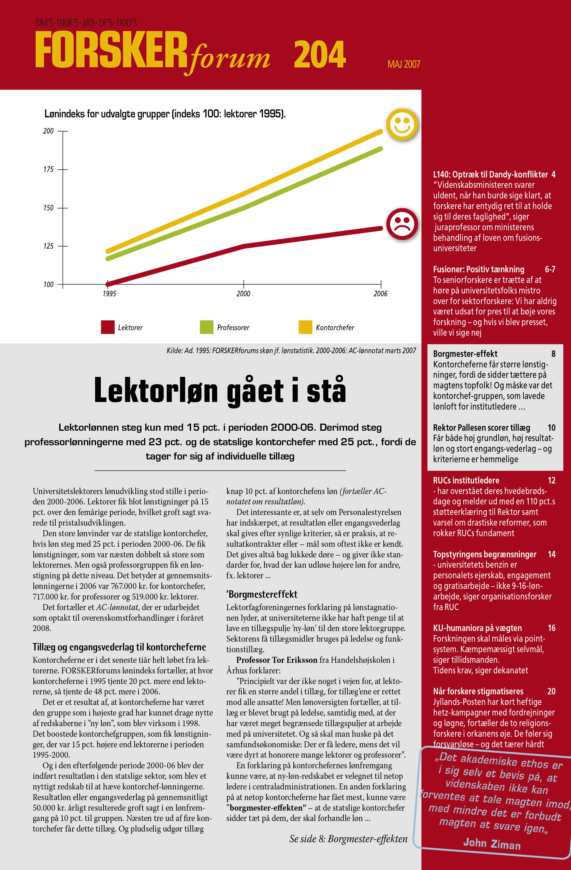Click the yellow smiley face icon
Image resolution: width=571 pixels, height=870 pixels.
coord(402,124)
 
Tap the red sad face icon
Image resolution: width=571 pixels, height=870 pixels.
coord(402,224)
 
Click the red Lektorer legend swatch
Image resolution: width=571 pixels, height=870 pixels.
coord(108,327)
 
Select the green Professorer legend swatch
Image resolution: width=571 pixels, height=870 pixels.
coord(207,327)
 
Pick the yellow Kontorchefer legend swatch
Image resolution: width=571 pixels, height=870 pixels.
coord(305,327)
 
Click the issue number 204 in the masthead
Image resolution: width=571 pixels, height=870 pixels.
coord(320,55)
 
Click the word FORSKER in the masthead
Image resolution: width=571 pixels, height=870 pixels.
coord(111,50)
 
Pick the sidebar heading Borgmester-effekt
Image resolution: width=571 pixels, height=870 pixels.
coord(465,354)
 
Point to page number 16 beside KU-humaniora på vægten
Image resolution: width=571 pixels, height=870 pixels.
coord(551,628)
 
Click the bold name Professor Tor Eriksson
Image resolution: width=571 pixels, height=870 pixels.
coord(277,660)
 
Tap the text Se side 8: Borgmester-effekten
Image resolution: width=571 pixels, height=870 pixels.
coord(348,838)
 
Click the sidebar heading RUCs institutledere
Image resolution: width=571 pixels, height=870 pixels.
coord(466,480)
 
